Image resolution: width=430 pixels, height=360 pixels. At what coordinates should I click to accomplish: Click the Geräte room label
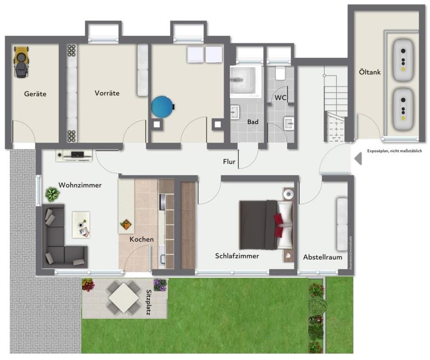point(35,94)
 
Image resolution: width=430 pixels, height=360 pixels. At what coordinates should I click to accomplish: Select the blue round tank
point(162,107)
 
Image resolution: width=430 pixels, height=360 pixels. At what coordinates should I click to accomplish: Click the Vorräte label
point(107,93)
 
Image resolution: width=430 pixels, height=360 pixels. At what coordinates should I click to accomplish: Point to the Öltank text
point(369,72)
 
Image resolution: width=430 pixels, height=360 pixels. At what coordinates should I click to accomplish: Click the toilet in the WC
point(280,73)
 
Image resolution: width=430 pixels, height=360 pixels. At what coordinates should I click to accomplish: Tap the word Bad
point(253,122)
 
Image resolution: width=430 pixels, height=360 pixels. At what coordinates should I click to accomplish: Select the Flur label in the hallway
point(229,161)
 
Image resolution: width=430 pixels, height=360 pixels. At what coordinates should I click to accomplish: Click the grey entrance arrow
point(358,159)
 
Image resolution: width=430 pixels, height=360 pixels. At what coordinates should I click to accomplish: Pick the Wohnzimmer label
point(80,185)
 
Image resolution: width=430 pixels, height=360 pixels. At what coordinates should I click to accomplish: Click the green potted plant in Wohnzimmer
point(52,194)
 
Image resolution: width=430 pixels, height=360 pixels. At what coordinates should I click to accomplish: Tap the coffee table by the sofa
point(81,225)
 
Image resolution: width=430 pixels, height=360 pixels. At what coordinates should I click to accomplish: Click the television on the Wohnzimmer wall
point(77,155)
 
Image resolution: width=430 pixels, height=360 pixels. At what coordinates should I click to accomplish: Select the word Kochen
point(141,239)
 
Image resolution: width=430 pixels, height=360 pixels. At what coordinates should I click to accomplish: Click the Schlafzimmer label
point(237,256)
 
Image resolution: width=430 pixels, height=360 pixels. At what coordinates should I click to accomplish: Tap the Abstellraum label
point(323,257)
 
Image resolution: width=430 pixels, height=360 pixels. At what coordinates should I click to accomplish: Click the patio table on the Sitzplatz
point(123,297)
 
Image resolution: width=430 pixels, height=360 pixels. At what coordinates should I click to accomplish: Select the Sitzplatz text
point(149,302)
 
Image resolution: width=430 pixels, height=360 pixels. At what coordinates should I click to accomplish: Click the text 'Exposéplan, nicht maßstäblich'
point(394,151)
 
